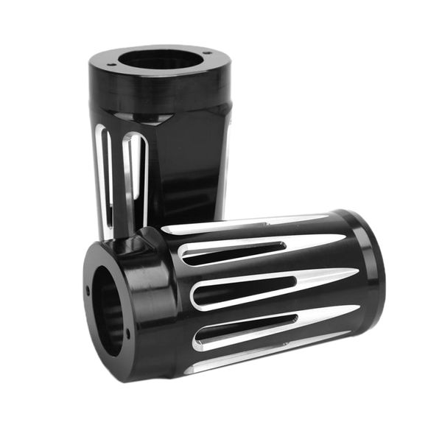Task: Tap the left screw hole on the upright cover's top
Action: point(111,65)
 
